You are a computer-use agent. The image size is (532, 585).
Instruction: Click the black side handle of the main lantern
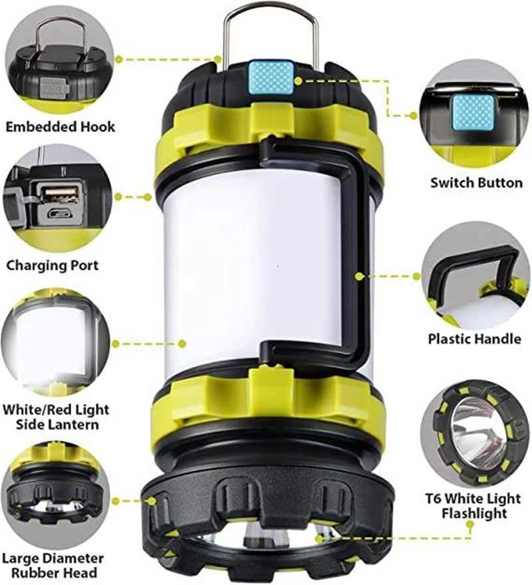[x=360, y=253]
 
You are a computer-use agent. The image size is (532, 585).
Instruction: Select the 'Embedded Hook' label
[x=60, y=126]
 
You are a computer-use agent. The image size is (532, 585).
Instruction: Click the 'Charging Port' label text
[x=52, y=265]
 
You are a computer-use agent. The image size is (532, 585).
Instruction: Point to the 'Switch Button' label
[x=476, y=182]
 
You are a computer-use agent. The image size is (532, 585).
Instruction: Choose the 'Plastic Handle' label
[x=474, y=339]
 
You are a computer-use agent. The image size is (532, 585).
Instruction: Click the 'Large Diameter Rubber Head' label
[x=53, y=565]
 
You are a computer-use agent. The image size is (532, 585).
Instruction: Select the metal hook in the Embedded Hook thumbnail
[x=60, y=33]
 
